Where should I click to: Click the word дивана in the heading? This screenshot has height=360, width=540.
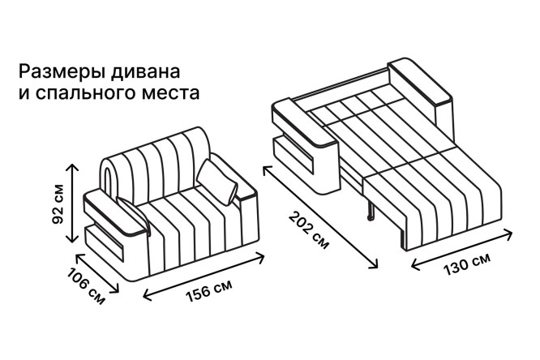tap(145, 72)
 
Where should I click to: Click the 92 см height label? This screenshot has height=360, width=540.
tap(58, 204)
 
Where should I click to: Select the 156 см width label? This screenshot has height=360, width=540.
tap(208, 290)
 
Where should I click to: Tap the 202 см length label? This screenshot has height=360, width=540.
tap(309, 229)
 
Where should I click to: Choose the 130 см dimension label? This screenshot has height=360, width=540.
tap(466, 264)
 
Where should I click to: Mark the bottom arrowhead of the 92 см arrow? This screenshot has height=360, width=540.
tap(72, 240)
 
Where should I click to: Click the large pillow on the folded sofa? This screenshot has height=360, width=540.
tap(217, 182)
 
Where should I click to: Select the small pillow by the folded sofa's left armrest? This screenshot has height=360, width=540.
tap(134, 214)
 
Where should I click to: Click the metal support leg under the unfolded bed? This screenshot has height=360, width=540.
tap(371, 210)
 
